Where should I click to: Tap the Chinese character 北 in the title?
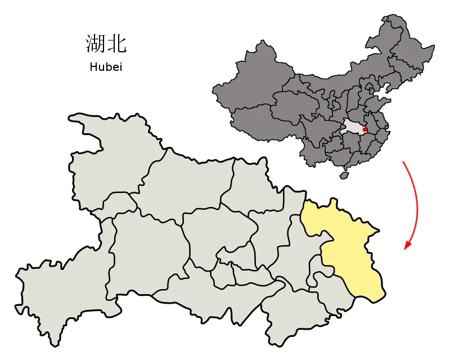(x=116, y=44)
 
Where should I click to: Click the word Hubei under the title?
(x=106, y=67)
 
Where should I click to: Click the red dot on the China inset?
(x=364, y=129)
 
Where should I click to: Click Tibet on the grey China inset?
(x=259, y=121)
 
